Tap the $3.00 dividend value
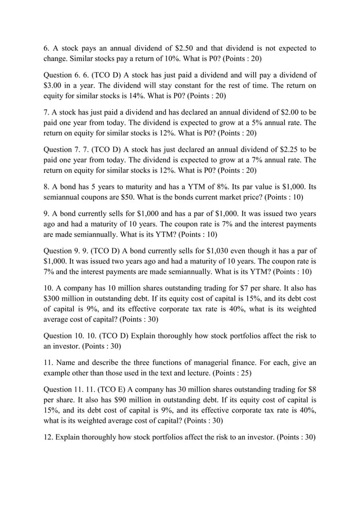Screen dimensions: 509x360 pos(55,85)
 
